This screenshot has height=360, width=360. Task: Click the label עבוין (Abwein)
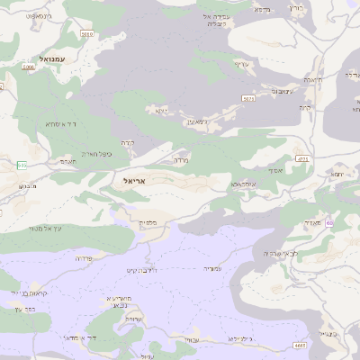190,340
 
